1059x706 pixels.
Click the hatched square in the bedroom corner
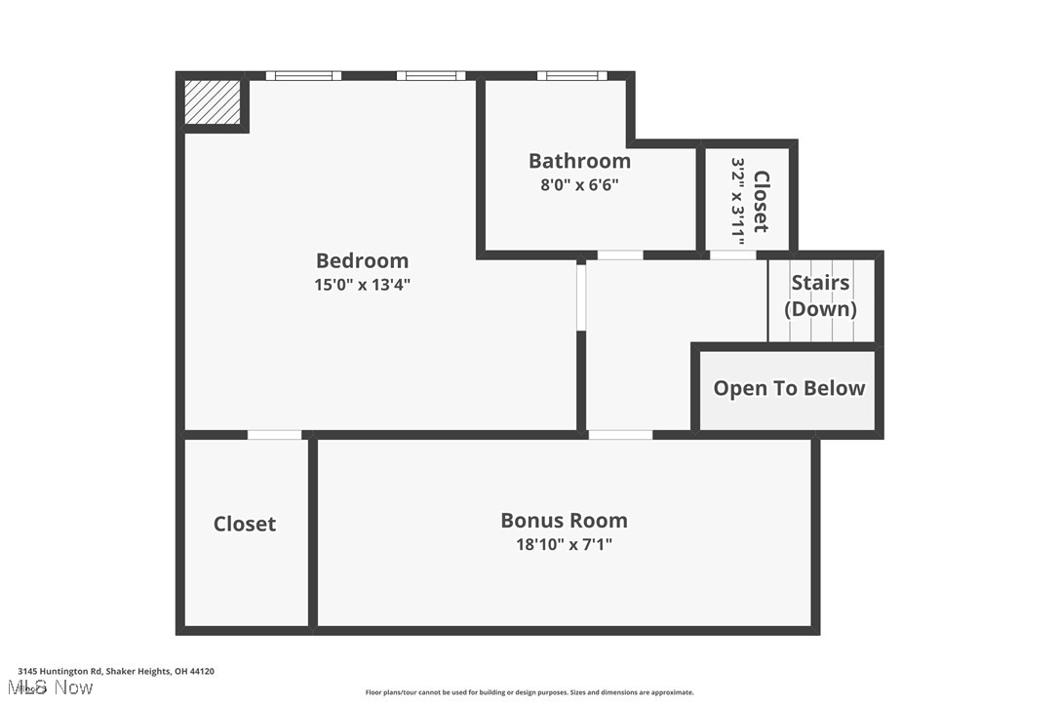(x=213, y=102)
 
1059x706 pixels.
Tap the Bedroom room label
(x=362, y=260)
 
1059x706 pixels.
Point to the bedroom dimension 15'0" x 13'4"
(x=362, y=285)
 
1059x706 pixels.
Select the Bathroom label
(x=579, y=161)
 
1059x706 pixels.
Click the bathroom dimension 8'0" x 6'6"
(x=579, y=184)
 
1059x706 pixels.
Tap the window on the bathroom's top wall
(x=571, y=75)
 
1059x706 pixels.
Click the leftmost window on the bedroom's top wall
(x=303, y=75)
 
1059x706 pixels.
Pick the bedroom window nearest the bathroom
(x=430, y=75)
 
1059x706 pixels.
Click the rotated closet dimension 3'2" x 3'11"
(x=738, y=203)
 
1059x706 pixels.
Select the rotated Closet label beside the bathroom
(x=762, y=202)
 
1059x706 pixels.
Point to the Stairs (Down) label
(x=820, y=295)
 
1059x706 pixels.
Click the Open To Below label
(x=789, y=388)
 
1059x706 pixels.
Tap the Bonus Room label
(x=564, y=520)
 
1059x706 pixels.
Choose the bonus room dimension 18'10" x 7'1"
(x=564, y=544)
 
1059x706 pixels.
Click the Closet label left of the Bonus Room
(x=245, y=524)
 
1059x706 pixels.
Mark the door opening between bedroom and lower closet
(x=274, y=434)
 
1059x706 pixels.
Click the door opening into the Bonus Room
(x=620, y=434)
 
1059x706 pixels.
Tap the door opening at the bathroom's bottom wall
(x=620, y=255)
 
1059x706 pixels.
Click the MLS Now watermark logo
(x=56, y=687)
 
